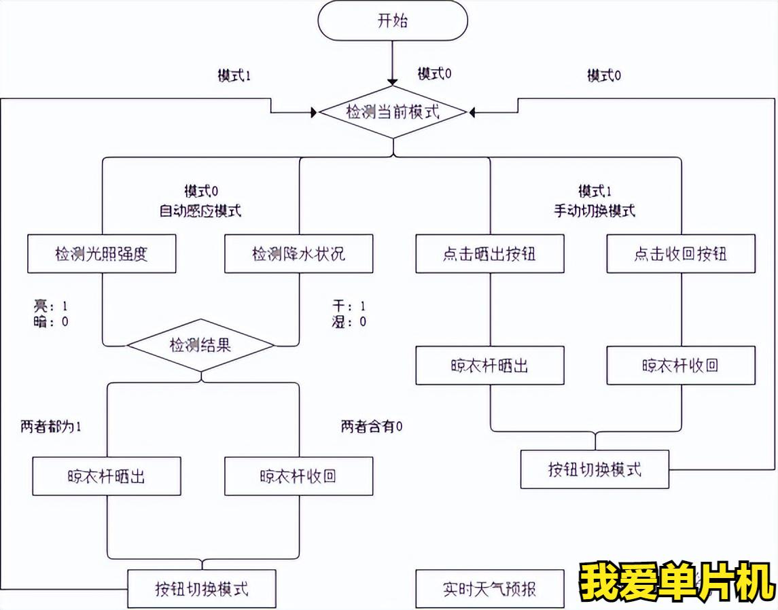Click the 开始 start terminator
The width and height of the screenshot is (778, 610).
tap(393, 20)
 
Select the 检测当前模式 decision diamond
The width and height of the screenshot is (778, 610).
tap(393, 113)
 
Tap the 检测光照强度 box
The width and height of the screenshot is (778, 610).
tap(102, 254)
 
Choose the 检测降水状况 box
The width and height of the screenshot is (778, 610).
tap(299, 254)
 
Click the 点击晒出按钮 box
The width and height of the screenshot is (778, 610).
tap(490, 254)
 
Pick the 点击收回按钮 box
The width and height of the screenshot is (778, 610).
tap(681, 254)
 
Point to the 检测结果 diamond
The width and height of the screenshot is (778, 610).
tap(200, 345)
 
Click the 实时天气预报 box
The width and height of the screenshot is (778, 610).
tap(490, 589)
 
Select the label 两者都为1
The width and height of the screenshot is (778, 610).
tap(50, 427)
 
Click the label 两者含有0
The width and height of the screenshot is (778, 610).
tap(372, 426)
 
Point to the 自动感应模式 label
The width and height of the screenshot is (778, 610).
tap(200, 211)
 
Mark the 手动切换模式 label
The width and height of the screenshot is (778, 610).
tap(595, 211)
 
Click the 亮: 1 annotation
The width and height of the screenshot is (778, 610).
tap(50, 306)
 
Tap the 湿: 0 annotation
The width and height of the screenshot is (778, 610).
tap(349, 321)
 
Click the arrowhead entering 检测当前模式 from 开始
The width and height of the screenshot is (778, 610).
tap(393, 82)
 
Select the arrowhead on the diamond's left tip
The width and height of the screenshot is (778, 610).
tap(314, 113)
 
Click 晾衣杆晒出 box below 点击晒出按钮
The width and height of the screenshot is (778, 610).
tap(490, 365)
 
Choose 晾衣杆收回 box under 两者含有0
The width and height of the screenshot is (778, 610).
tap(299, 476)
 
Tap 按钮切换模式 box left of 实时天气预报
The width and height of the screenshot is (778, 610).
tap(201, 589)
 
